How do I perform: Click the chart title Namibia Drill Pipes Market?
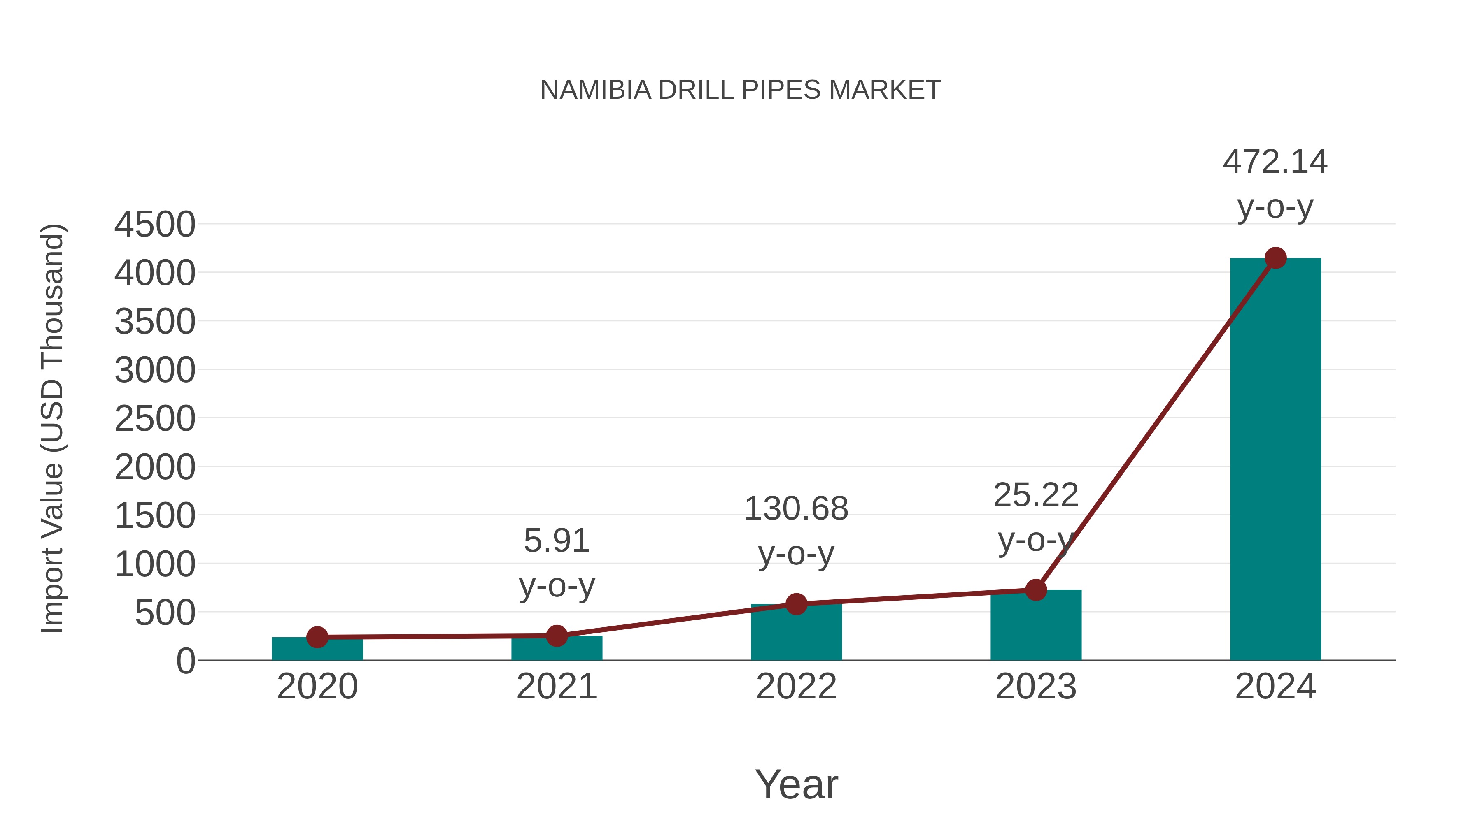[741, 90]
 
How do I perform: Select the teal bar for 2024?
[1275, 460]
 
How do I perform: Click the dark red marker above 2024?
[1275, 258]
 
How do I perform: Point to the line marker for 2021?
[556, 636]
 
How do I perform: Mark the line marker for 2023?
[1036, 590]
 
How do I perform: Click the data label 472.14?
[1275, 162]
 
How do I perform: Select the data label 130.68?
[796, 509]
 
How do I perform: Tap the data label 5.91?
[556, 541]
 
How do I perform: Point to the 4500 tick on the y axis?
[155, 225]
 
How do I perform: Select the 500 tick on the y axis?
[165, 613]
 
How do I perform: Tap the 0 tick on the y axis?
[185, 661]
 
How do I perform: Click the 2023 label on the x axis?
[1036, 687]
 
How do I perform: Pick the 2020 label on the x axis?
[317, 687]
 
